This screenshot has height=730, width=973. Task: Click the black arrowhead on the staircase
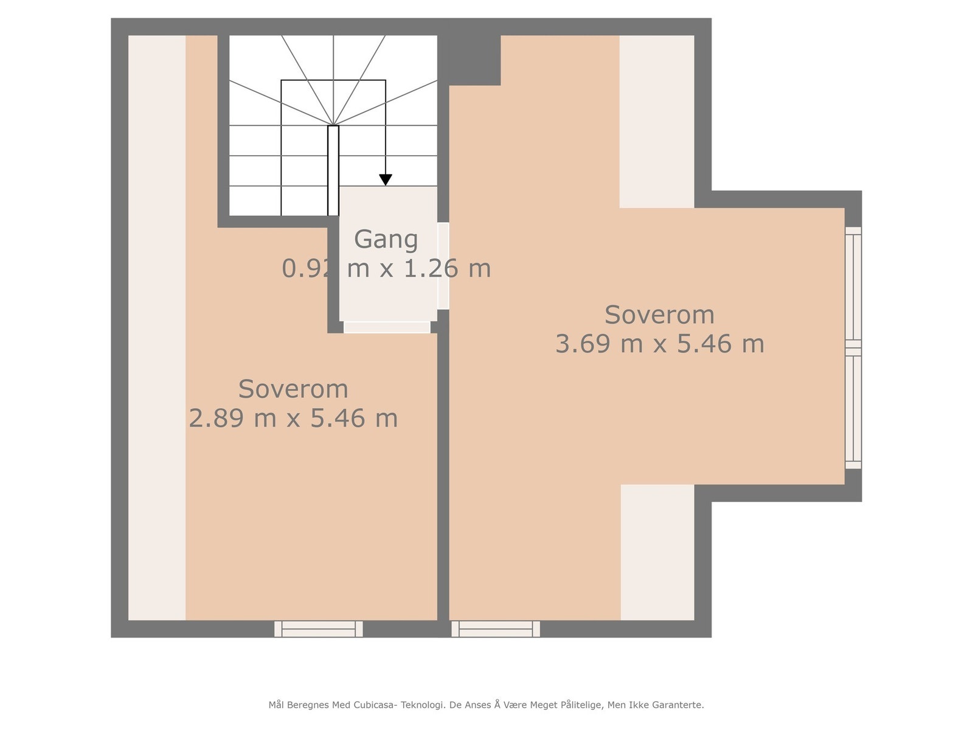[x=386, y=179]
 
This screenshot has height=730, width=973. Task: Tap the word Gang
[x=386, y=239]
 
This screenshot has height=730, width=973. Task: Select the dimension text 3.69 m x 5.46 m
[x=659, y=344]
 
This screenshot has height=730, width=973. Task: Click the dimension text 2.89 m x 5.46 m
[x=293, y=419]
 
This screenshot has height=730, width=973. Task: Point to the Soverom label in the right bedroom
[x=659, y=315]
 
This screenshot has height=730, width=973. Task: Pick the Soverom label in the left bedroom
[x=293, y=389]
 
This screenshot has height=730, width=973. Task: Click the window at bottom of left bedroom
[x=318, y=629]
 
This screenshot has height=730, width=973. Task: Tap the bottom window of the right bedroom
[x=496, y=629]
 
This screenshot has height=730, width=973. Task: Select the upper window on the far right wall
[x=853, y=287]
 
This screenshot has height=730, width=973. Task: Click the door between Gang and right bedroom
[x=443, y=266]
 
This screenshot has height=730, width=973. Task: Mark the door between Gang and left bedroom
[x=387, y=327]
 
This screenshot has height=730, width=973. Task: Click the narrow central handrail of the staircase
[x=333, y=170]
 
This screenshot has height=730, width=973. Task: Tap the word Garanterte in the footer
[x=677, y=705]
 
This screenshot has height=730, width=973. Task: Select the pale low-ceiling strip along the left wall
[x=157, y=328]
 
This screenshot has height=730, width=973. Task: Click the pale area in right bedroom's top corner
[x=657, y=122]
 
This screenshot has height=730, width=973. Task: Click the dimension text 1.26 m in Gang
[x=447, y=268]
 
